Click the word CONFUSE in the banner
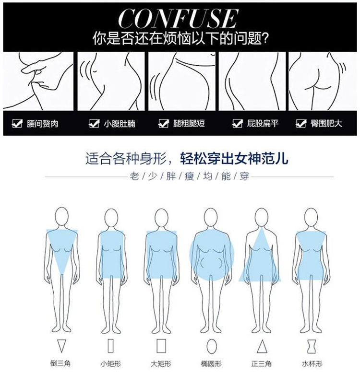pos(179,18)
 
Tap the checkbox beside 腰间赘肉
pos(17,123)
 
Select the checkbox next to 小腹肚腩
pos(94,123)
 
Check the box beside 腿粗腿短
pos(164,123)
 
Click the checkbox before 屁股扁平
pos(237,123)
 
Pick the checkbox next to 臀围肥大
pos(301,123)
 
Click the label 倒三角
pos(60,363)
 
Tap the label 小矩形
pos(110,364)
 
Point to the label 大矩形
pos(161,364)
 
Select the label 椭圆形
pos(211,364)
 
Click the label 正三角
pos(262,364)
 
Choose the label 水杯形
pos(312,364)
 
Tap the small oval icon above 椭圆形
pos(212,346)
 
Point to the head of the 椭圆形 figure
pos(211,217)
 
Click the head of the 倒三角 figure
pos(62,216)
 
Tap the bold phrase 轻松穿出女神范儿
pos(234,158)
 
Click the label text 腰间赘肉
pos(43,124)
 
